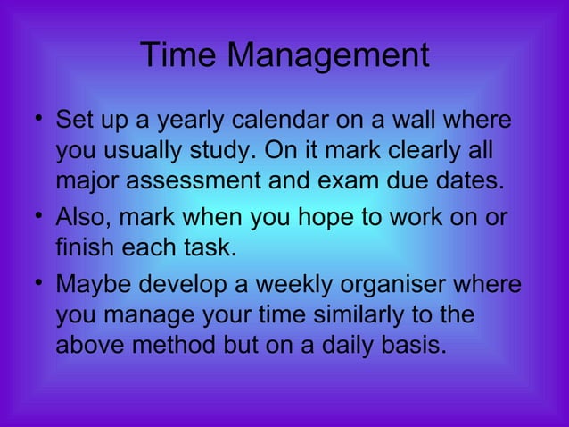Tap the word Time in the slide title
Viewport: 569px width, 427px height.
pyautogui.click(x=177, y=56)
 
